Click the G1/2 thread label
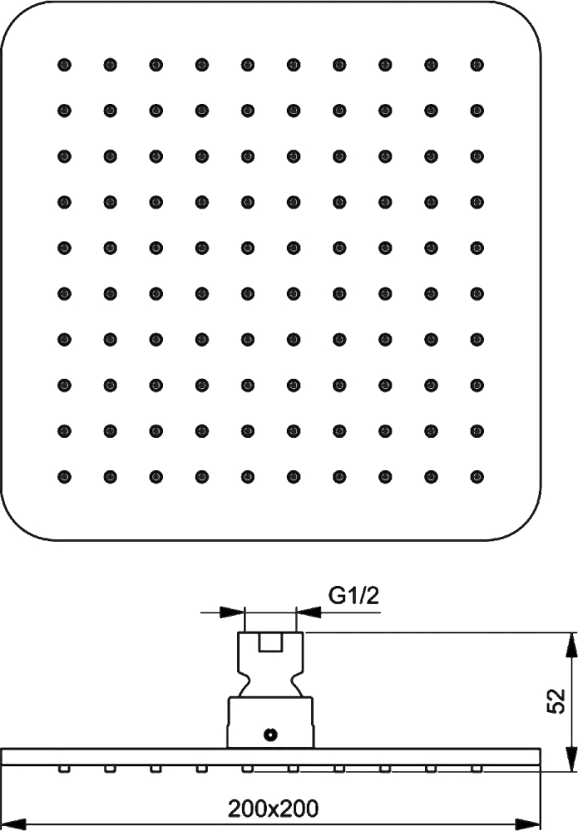(353, 596)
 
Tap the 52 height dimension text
(556, 701)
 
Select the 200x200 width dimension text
(273, 809)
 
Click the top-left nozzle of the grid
(64, 65)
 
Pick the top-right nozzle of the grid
(477, 65)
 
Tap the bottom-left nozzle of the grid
(64, 476)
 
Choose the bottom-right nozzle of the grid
(477, 476)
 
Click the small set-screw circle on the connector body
(270, 735)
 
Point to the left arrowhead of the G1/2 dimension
(232, 612)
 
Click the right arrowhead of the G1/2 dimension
(309, 612)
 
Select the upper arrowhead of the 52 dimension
(572, 645)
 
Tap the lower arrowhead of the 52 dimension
(572, 759)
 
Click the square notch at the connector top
(270, 642)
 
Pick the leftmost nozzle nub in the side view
(64, 768)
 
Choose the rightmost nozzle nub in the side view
(477, 768)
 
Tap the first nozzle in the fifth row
(64, 248)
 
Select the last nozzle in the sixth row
(477, 293)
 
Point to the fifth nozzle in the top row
(248, 65)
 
